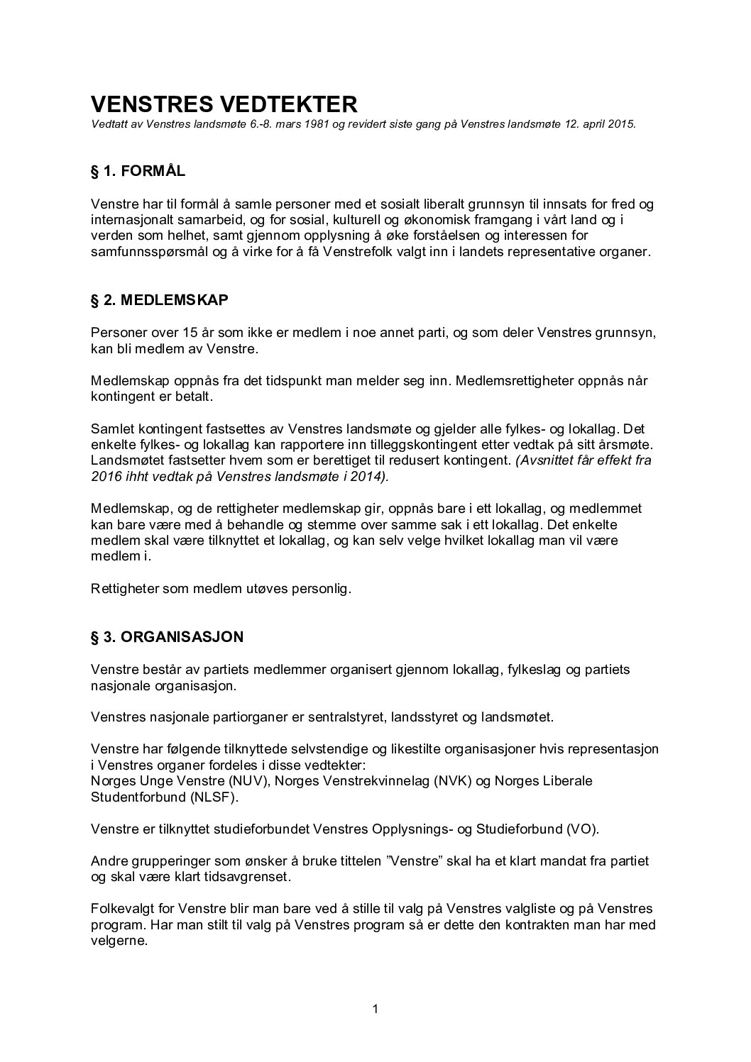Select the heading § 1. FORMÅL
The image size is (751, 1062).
pos(138,171)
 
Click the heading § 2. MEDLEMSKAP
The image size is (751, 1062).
pos(160,300)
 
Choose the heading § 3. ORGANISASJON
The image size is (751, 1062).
pos(167,636)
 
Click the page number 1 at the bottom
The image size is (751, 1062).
pos(375,1009)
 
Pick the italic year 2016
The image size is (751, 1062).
pos(106,477)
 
